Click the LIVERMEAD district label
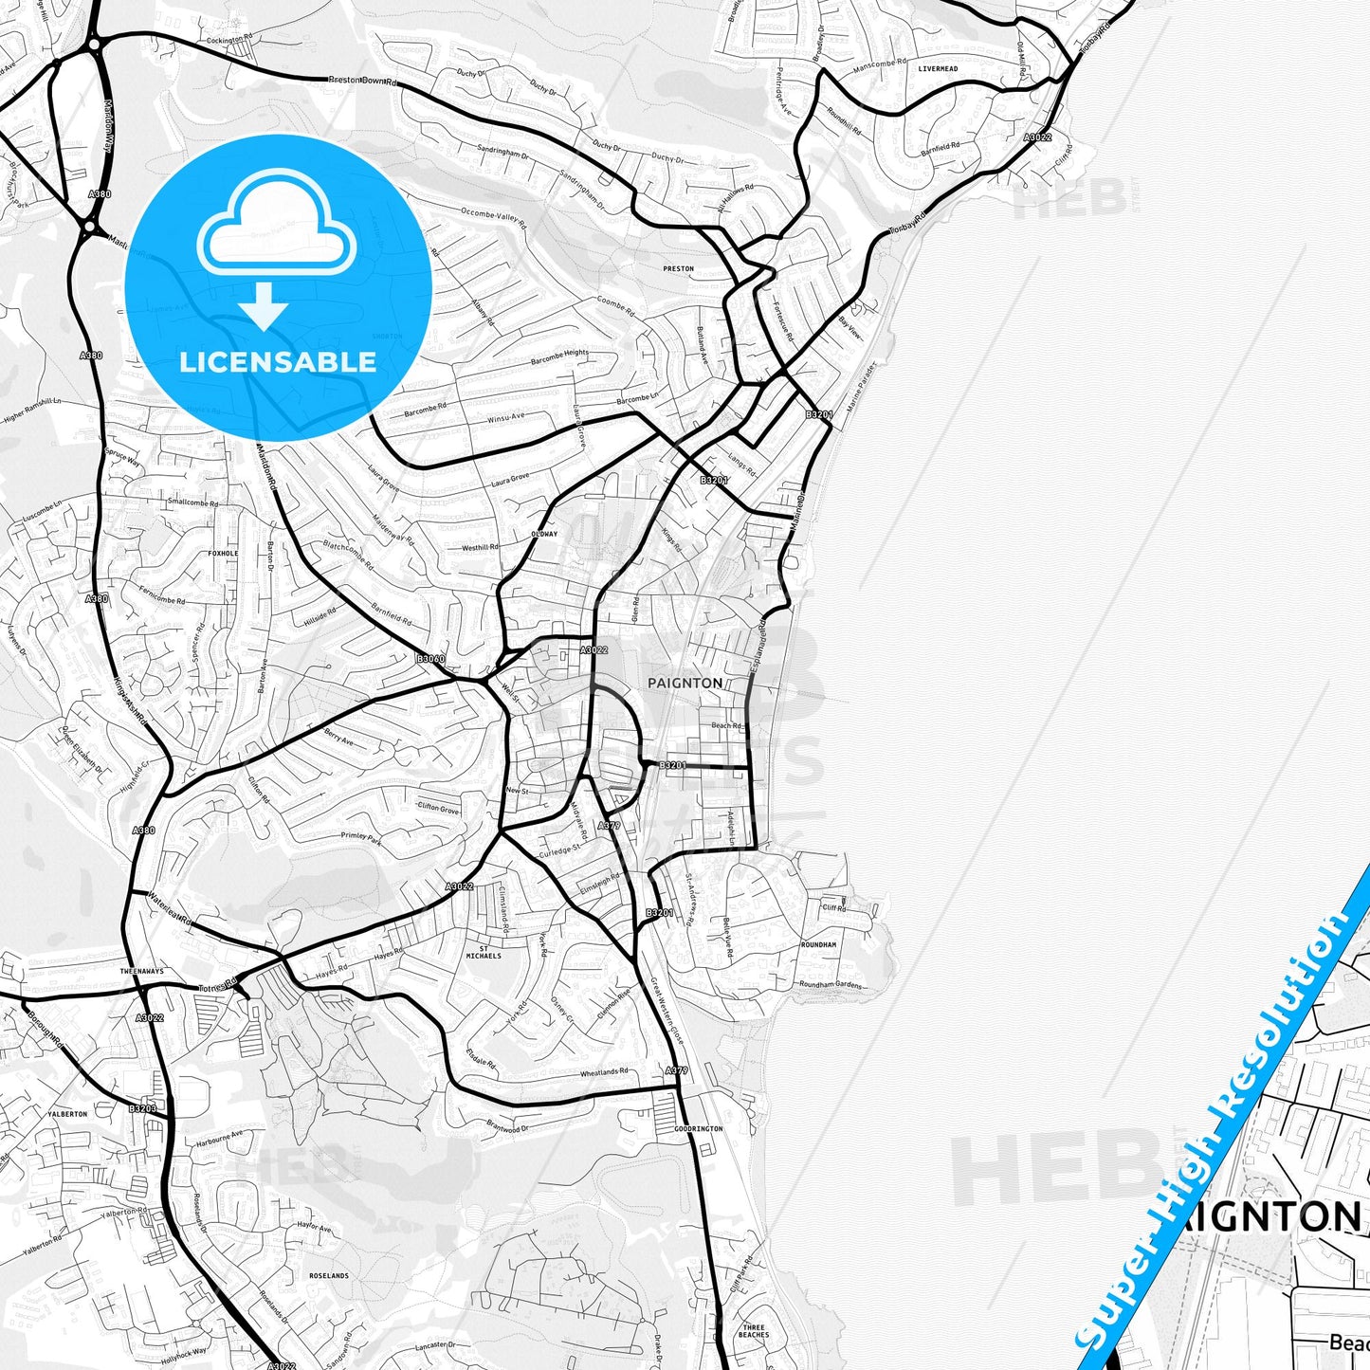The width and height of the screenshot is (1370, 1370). tap(938, 69)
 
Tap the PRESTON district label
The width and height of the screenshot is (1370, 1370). tap(678, 269)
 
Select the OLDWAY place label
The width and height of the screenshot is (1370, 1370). tap(544, 534)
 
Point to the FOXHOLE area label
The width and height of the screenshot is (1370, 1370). tap(223, 553)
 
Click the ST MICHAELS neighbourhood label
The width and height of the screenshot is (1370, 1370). tap(484, 951)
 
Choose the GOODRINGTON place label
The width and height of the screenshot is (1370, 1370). tap(699, 1129)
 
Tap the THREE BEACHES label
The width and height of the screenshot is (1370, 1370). tap(755, 1331)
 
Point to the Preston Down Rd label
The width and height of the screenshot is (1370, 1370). tap(362, 81)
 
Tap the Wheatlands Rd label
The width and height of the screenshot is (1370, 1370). tap(604, 1072)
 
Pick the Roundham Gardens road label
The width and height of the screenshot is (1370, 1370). tap(831, 985)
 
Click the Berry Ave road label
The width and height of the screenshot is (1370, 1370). tap(338, 736)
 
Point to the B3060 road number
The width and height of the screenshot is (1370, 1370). tap(430, 659)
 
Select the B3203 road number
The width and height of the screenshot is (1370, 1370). tap(142, 1107)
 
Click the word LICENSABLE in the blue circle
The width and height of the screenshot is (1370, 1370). tap(278, 362)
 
